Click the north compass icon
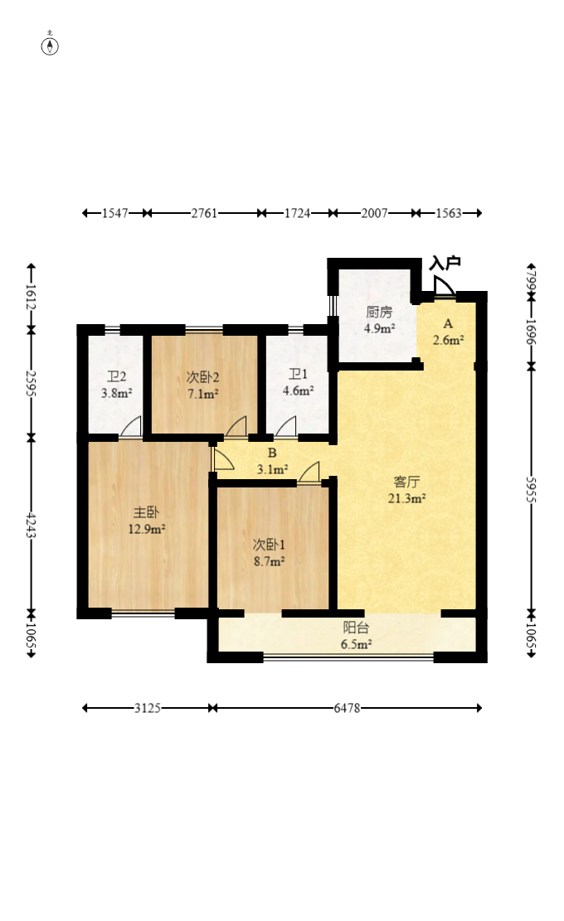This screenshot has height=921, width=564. (50, 46)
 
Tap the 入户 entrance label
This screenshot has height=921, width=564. (445, 263)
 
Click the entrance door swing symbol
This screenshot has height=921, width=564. (445, 287)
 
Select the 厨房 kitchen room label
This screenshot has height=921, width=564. (379, 312)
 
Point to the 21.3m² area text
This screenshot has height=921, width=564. (406, 499)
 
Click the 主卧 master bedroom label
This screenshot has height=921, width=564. (146, 513)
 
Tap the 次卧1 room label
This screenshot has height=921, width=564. (269, 545)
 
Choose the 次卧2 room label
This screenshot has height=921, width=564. (202, 377)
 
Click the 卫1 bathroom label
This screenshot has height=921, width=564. (298, 374)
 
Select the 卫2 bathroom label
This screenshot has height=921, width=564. (116, 376)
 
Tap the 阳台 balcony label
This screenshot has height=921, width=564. (356, 628)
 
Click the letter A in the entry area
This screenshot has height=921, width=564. (448, 323)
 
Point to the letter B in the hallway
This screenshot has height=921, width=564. (272, 453)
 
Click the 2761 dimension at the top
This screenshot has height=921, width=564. (204, 212)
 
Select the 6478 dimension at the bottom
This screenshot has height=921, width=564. (347, 708)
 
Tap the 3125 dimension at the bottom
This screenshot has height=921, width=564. (147, 708)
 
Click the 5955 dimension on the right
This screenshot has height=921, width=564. (531, 489)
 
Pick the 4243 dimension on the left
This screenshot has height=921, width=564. (32, 526)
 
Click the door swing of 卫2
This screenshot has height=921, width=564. (132, 427)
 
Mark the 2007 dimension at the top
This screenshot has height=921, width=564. (374, 212)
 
